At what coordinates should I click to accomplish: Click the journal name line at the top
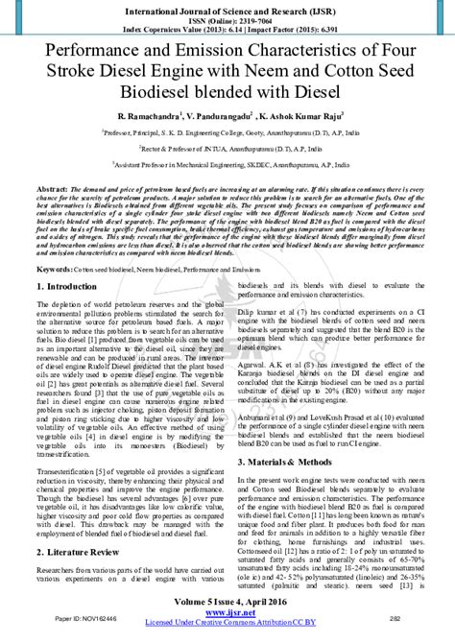[227, 7]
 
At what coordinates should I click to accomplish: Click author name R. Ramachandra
[141, 113]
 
